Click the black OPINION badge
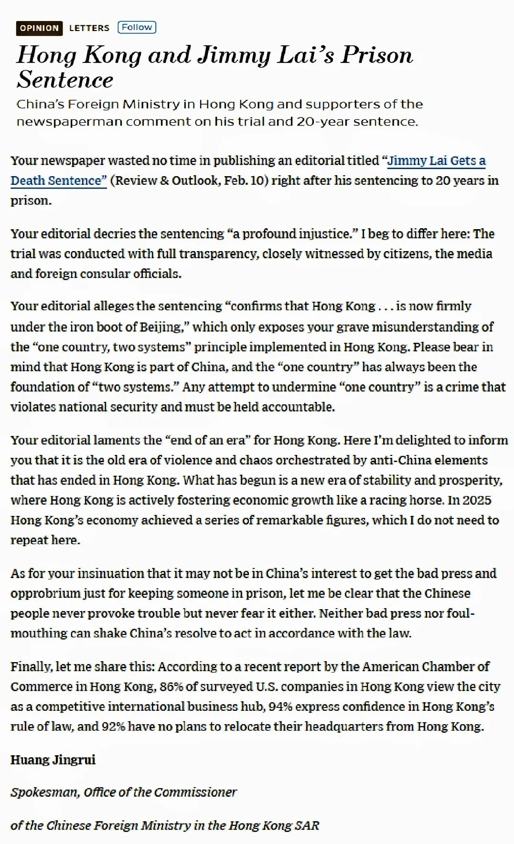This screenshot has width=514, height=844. pos(39,28)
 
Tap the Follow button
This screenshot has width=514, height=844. pos(137,27)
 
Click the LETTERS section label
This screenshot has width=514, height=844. pos(89,28)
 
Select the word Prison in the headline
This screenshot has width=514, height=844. pos(376,55)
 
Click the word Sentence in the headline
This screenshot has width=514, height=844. pos(65,80)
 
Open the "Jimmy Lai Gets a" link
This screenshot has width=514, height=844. pos(436,161)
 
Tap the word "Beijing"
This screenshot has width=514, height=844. pos(161,327)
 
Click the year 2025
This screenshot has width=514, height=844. pos(476,500)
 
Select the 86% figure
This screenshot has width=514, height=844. pos(171,687)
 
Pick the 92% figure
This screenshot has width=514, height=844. pos(113,727)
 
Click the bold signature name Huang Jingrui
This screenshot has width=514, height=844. pos(53,760)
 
